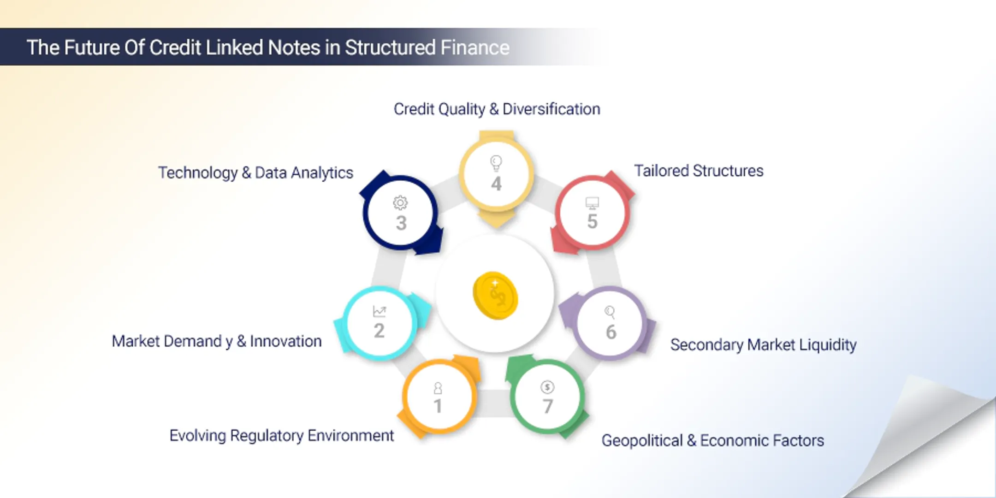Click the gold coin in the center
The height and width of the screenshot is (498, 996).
[x=495, y=296]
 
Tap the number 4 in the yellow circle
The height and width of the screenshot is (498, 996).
[x=496, y=184]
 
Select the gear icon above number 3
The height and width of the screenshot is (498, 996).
[x=400, y=203]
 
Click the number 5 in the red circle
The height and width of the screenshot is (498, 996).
[x=593, y=221]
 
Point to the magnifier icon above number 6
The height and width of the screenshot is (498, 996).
[x=610, y=313]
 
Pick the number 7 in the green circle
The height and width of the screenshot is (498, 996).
[x=548, y=406]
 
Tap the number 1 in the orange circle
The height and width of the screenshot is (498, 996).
[x=438, y=406]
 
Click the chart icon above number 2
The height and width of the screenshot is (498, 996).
[x=379, y=312]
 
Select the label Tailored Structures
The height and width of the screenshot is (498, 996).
[x=699, y=171]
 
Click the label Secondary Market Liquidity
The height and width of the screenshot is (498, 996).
[x=763, y=344]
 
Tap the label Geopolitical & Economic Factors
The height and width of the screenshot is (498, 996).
[x=712, y=440]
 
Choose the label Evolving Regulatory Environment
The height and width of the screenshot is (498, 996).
[x=281, y=435]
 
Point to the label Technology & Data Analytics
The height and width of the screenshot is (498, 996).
[x=255, y=172]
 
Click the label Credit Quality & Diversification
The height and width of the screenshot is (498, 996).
[x=497, y=109]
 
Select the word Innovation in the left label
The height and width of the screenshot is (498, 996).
[x=286, y=341]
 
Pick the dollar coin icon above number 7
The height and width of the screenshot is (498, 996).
[x=547, y=387]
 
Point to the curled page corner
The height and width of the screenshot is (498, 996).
[x=927, y=438]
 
